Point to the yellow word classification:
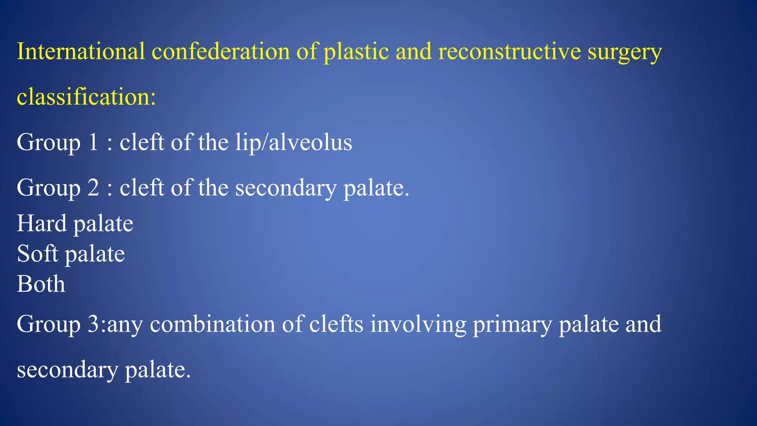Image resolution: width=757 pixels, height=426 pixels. click(x=86, y=97)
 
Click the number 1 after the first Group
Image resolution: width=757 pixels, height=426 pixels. click(x=94, y=142)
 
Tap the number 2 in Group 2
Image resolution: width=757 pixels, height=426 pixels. click(x=94, y=187)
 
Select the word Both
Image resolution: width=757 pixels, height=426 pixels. click(x=41, y=284)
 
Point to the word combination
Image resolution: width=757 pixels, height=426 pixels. click(x=213, y=324)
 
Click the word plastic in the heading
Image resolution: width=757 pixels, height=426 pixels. click(x=356, y=52)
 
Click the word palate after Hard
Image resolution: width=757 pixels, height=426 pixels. click(x=103, y=224)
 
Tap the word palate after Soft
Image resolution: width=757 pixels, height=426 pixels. click(x=95, y=254)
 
